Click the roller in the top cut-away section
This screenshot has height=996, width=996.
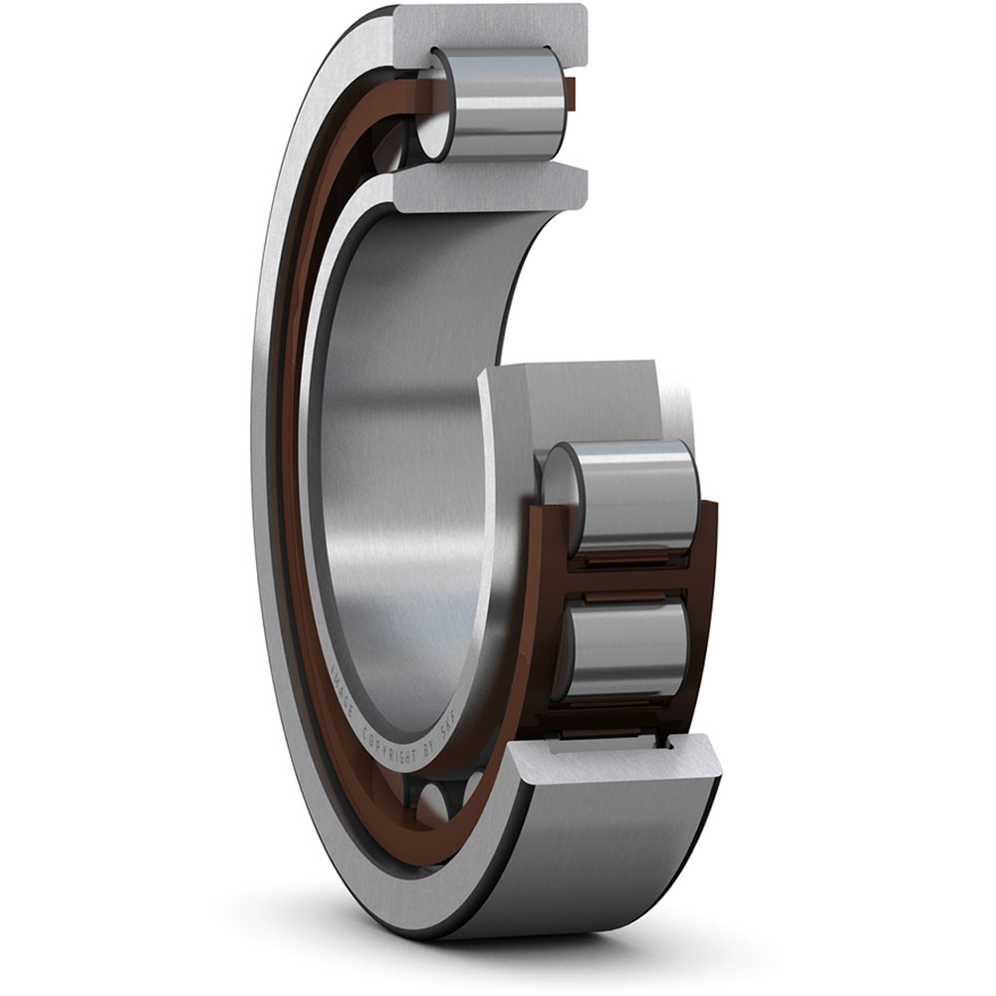[498, 103]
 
